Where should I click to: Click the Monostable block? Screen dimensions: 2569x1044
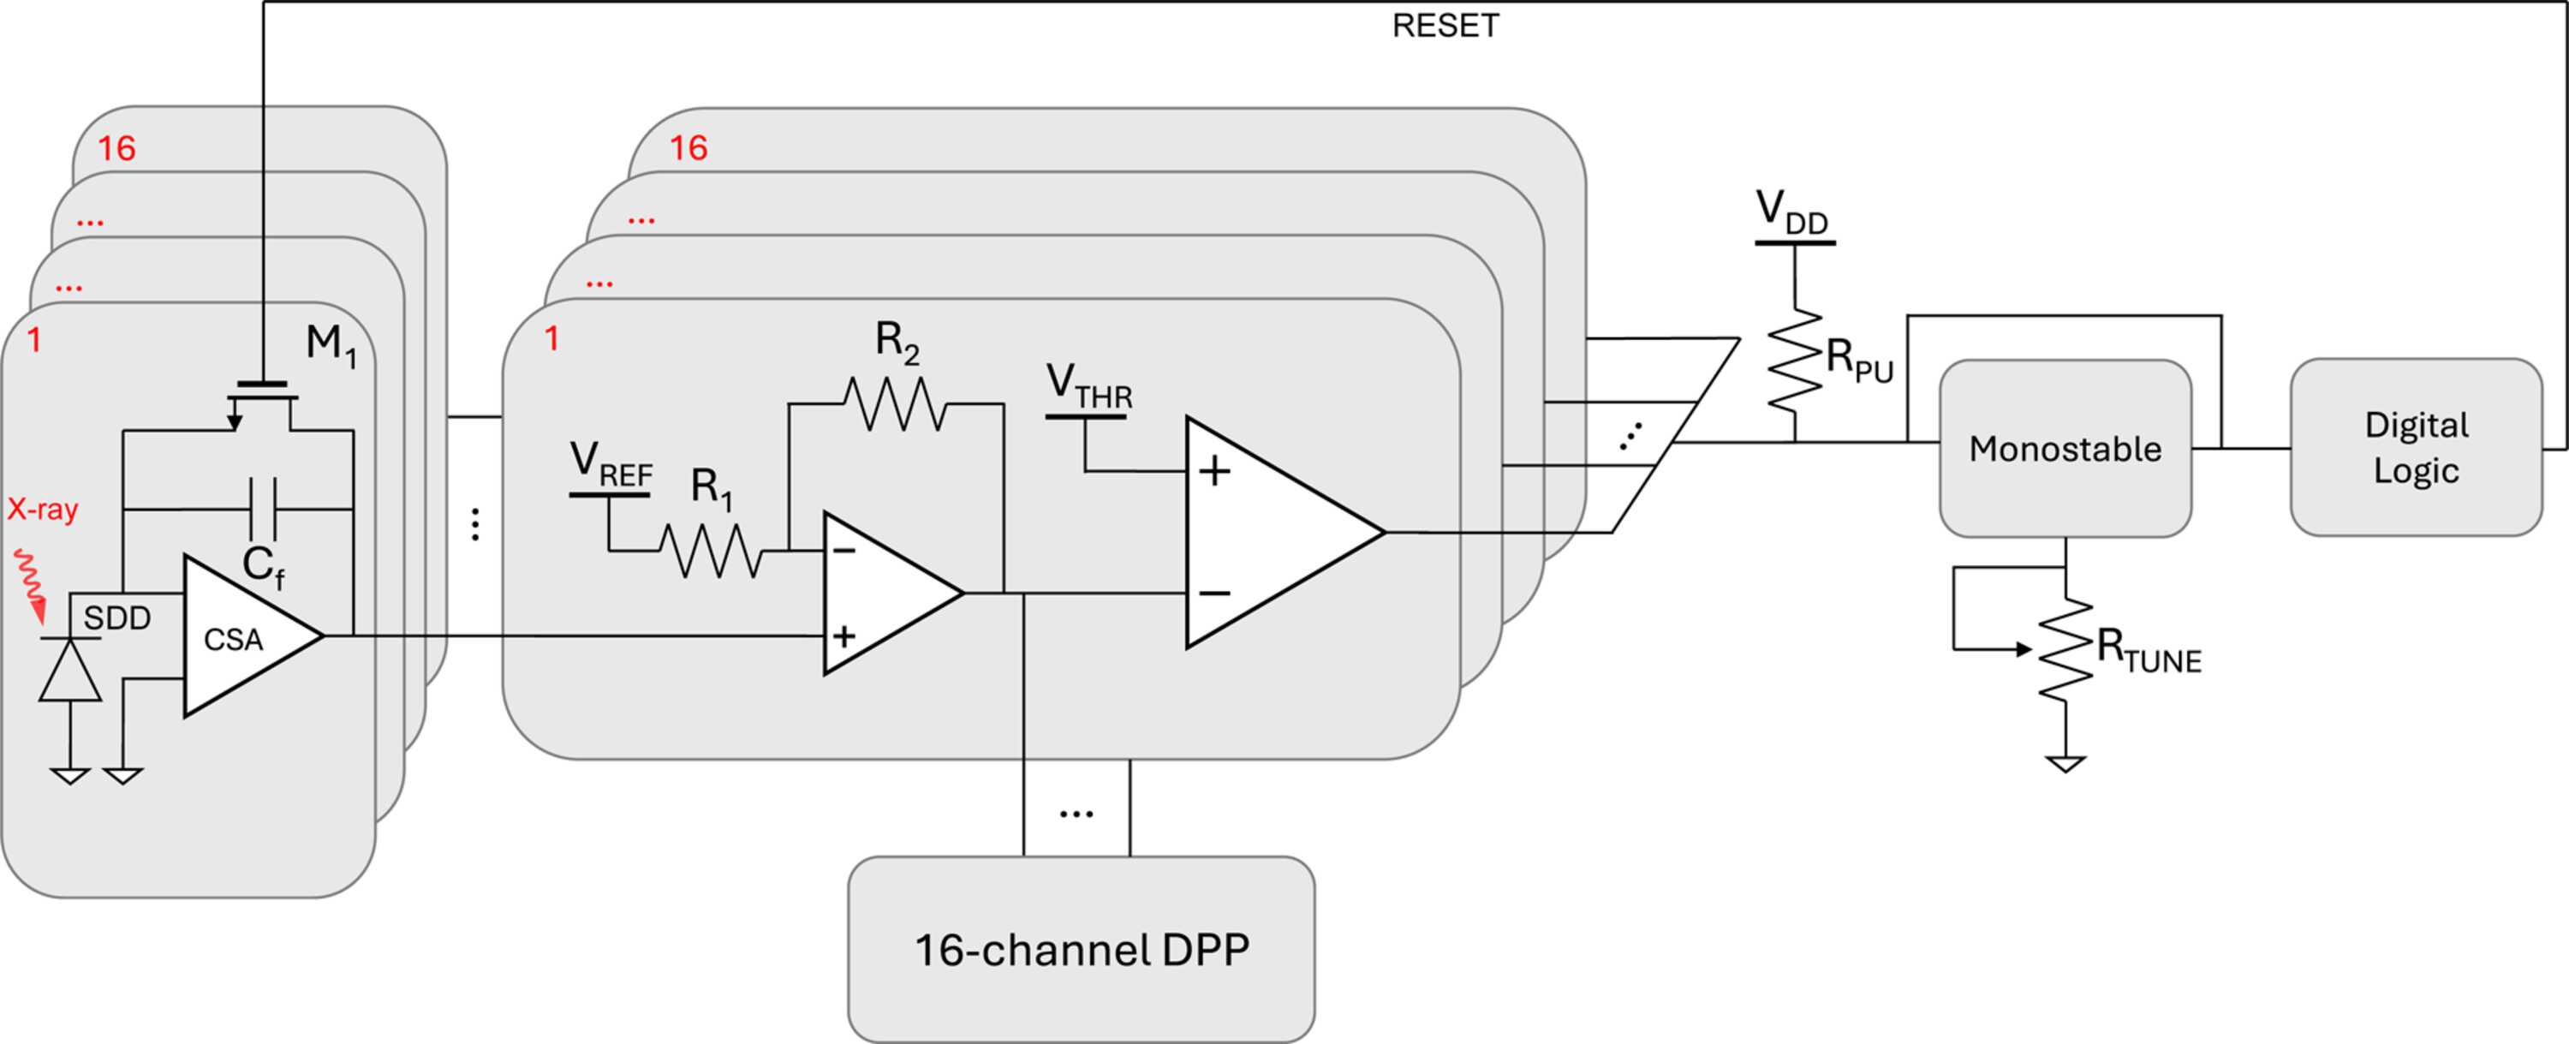pos(2065,449)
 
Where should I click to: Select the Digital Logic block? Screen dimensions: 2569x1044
pos(2417,448)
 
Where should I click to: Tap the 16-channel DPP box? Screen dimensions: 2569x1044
pos(1081,949)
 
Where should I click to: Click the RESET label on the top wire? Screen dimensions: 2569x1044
pos(1445,26)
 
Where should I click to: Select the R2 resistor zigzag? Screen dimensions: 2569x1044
pos(896,404)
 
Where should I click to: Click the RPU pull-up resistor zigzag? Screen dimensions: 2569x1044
pos(1795,360)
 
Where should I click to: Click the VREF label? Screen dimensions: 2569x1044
pos(611,466)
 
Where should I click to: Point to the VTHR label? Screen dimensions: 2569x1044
pos(1089,387)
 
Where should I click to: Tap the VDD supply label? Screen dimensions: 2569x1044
pos(1793,212)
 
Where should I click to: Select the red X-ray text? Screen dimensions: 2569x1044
pos(43,510)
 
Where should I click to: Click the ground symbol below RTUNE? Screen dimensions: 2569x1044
pos(2065,764)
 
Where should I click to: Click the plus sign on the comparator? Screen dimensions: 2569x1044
pos(1213,471)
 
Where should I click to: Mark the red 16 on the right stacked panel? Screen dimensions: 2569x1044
pos(688,147)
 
